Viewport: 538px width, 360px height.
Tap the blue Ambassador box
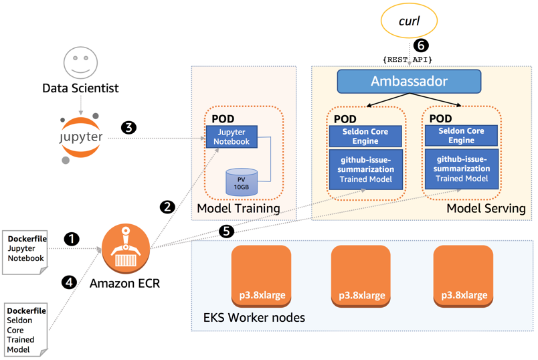tap(409, 82)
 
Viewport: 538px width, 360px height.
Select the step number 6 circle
tap(420, 46)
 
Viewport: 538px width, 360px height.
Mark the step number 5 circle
tap(226, 232)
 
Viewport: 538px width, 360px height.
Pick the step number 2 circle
tap(168, 206)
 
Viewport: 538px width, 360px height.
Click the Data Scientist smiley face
tap(80, 64)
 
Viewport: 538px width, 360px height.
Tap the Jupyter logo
tap(80, 137)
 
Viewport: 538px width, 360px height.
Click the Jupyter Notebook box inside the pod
tap(231, 137)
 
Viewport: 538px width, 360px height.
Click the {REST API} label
tap(408, 60)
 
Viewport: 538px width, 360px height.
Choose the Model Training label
tap(238, 209)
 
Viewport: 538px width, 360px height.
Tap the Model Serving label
tap(486, 209)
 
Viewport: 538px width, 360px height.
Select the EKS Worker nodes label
tap(254, 317)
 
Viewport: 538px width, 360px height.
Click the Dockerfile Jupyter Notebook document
tap(25, 250)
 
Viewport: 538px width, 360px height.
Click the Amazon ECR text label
tap(125, 284)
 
